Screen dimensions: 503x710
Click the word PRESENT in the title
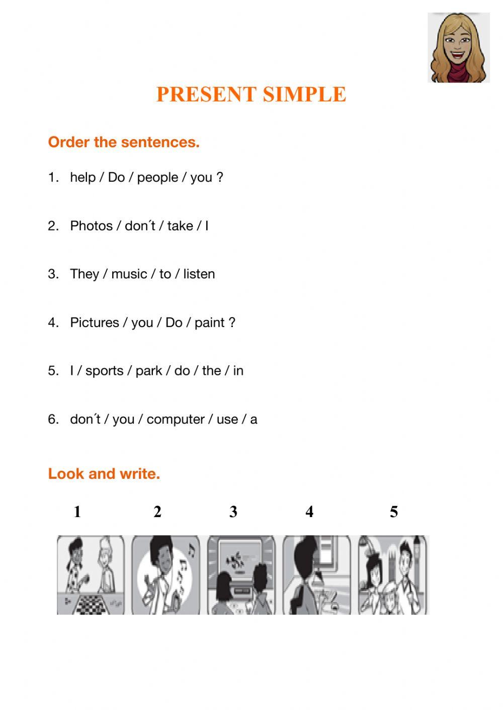207,94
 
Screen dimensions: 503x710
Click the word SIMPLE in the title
305,94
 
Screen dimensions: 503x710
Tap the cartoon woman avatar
459,48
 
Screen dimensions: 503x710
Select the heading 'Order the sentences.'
124,142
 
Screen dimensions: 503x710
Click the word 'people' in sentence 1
157,178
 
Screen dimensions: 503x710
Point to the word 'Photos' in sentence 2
92,226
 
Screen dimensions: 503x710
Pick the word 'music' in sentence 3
129,274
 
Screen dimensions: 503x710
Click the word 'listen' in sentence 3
199,274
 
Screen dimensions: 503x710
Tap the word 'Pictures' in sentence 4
95,323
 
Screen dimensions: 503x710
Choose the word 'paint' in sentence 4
209,323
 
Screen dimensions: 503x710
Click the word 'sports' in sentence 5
105,371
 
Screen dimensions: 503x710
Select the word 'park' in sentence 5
149,371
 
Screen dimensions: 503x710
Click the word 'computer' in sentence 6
176,420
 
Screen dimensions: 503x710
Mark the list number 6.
53,420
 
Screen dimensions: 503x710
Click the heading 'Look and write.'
104,473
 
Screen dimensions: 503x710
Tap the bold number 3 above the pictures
233,512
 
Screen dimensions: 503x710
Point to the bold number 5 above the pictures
394,512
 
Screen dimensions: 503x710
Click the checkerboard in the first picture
92,605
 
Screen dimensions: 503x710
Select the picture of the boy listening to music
165,575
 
